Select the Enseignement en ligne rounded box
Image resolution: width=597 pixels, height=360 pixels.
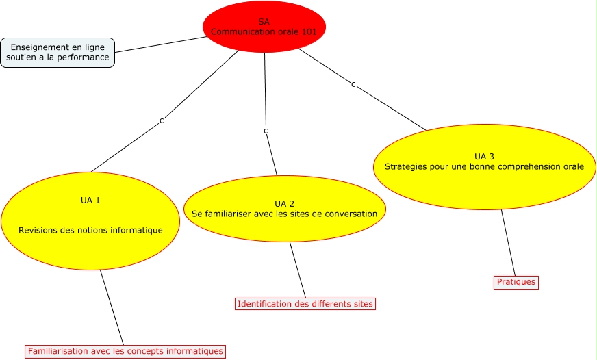[x=58, y=53]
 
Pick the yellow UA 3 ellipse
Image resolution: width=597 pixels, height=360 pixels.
[x=485, y=188]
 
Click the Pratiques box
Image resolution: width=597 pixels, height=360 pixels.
[x=516, y=282]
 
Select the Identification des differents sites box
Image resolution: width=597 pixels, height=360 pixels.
[x=305, y=303]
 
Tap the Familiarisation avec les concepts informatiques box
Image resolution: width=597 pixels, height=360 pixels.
[x=125, y=352]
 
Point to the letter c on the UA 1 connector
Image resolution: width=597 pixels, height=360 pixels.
[x=162, y=120]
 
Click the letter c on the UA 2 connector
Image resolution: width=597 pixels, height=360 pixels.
[x=266, y=130]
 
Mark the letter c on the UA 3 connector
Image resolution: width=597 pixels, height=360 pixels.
[x=353, y=84]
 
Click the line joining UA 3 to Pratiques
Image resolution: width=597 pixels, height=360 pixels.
[x=508, y=242]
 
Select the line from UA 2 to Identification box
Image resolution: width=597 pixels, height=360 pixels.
[x=298, y=270]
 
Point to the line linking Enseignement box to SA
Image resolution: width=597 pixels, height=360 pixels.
[x=161, y=44]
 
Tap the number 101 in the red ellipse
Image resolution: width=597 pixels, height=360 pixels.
[x=309, y=31]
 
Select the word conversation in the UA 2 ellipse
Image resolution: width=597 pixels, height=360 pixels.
[x=349, y=214]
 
